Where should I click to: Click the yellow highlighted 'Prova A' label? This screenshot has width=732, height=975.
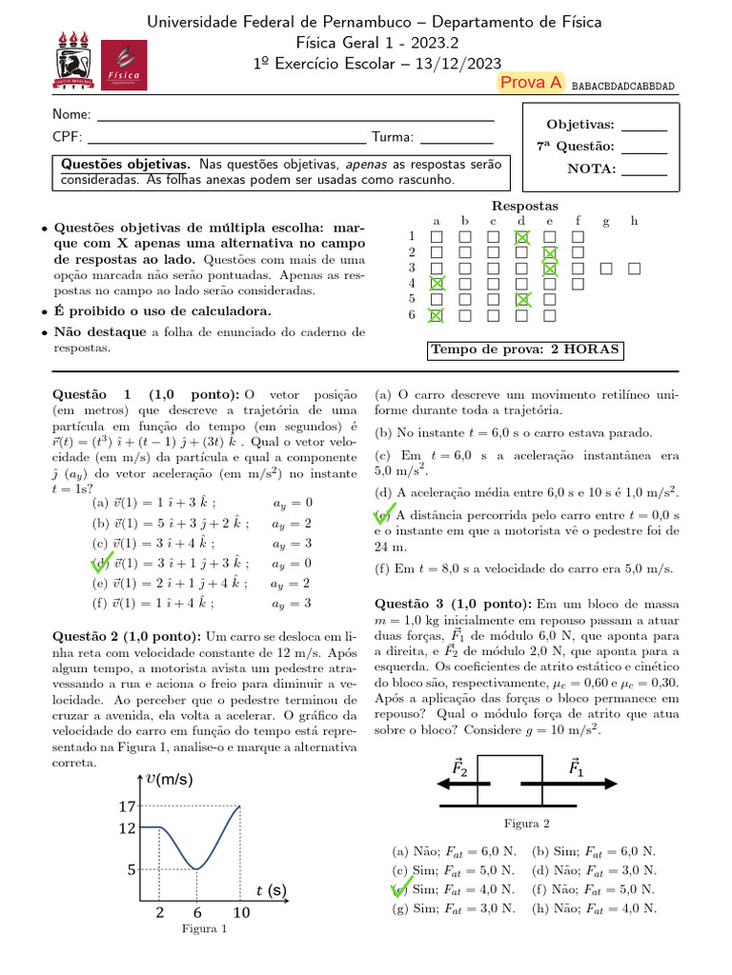click(x=531, y=83)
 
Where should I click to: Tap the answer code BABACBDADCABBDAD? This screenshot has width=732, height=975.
click(x=623, y=87)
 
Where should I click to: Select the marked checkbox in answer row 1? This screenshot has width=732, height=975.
click(x=521, y=237)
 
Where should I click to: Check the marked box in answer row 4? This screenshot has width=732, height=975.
click(x=437, y=284)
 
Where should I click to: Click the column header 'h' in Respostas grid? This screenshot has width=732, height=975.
click(x=634, y=221)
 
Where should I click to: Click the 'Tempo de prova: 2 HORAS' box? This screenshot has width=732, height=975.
click(x=526, y=350)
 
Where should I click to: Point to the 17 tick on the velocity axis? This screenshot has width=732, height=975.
click(x=127, y=806)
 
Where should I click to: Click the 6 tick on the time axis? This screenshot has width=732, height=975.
click(x=196, y=912)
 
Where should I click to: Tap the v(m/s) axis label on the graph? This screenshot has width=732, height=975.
click(x=170, y=779)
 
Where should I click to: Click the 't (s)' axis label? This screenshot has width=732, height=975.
click(x=271, y=891)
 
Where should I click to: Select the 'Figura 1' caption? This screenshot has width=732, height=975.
click(x=204, y=930)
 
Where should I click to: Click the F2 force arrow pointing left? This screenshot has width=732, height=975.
click(x=463, y=783)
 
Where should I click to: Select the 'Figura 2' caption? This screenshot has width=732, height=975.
click(x=526, y=824)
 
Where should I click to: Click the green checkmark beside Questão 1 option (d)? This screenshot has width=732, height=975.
click(x=100, y=563)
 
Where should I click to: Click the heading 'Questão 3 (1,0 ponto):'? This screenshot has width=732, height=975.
click(x=454, y=604)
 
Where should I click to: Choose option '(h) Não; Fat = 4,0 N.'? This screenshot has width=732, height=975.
click(x=594, y=908)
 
